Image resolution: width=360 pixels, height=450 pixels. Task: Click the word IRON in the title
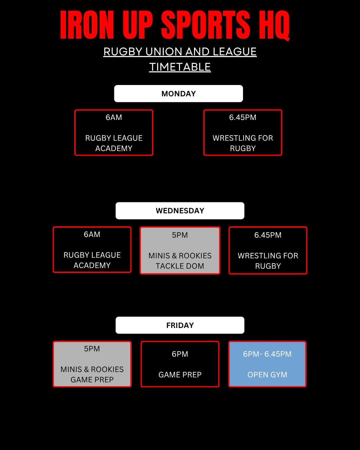coord(87,25)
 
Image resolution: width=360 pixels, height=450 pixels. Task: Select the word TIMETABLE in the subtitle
coord(180,67)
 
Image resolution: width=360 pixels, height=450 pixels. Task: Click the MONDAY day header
coord(178,94)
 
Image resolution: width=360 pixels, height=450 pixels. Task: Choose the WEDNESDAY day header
coord(180,211)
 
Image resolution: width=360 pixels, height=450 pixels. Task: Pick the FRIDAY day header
coord(180,325)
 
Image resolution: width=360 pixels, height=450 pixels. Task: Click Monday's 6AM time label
coord(114,117)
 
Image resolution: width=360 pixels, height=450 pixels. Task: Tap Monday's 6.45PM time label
coord(243,117)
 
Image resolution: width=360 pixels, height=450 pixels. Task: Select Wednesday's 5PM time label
coord(180,235)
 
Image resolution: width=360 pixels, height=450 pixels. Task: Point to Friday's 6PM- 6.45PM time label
coord(267,354)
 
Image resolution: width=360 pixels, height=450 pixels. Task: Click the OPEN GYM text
coord(267,375)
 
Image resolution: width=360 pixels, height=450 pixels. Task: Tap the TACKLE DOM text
coord(180,266)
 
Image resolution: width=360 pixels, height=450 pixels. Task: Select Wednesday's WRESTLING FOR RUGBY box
coord(268,251)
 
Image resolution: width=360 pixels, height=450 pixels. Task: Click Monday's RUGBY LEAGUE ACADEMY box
coord(114,133)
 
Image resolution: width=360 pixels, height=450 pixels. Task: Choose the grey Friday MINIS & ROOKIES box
coord(92,364)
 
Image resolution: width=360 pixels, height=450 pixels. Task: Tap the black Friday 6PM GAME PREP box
coord(180,364)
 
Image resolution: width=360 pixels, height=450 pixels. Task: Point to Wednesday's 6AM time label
coord(92,234)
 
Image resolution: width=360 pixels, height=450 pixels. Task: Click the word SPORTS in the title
coord(206,25)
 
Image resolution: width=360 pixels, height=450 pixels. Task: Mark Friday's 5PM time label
coord(92,349)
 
